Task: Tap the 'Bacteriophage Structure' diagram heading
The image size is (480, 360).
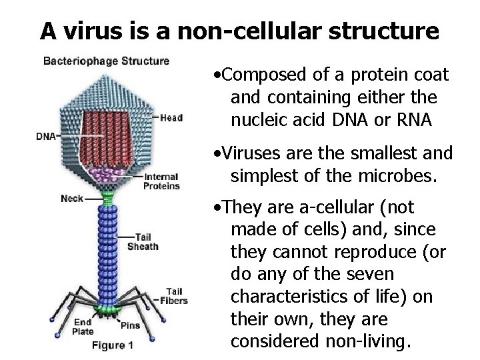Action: pos(107,61)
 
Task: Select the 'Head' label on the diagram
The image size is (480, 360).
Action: pos(171,118)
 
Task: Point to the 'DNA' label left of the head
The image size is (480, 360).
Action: pos(46,137)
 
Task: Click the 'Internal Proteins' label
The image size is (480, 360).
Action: pos(161,181)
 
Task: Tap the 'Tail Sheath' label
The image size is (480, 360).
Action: pos(147,241)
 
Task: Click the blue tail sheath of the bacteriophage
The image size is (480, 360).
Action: pos(107,253)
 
